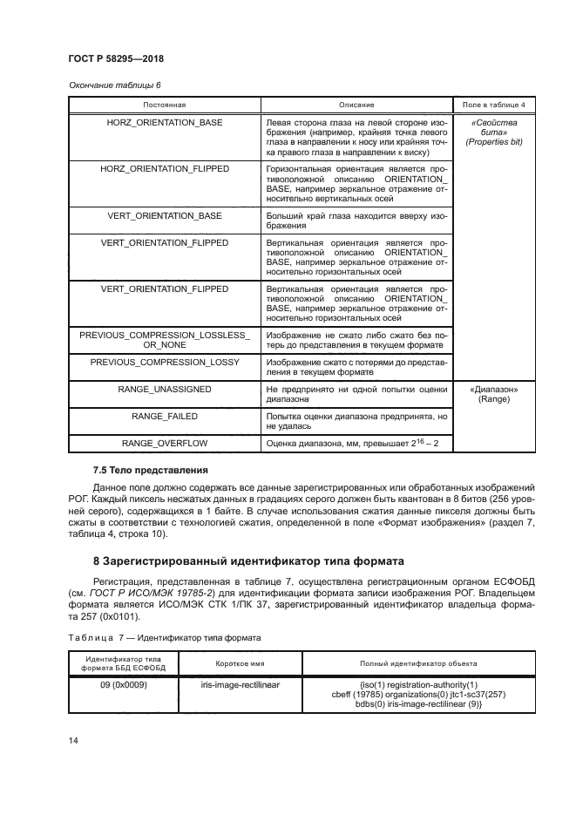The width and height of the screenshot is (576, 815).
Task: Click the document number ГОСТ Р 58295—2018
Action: tap(116, 58)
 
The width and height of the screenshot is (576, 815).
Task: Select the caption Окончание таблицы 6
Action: tap(114, 85)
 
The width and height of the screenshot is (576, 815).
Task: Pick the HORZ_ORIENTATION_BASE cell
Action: tap(165, 123)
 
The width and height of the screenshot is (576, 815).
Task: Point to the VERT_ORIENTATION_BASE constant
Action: tap(165, 214)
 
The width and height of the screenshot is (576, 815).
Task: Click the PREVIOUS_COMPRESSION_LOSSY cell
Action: tap(165, 361)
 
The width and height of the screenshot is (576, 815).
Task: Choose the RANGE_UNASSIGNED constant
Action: tap(165, 389)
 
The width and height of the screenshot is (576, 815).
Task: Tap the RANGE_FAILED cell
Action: tap(165, 417)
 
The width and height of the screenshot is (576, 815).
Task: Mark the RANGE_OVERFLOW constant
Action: tap(165, 444)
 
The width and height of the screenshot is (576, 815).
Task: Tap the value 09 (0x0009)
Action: tap(123, 685)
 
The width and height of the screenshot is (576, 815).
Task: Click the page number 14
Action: tap(73, 741)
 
